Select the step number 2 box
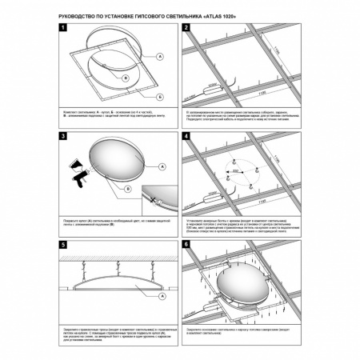(x=187, y=30)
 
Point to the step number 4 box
(x=187, y=138)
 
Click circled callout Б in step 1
(x=160, y=95)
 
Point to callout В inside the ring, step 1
(x=126, y=78)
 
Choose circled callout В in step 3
(x=128, y=189)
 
